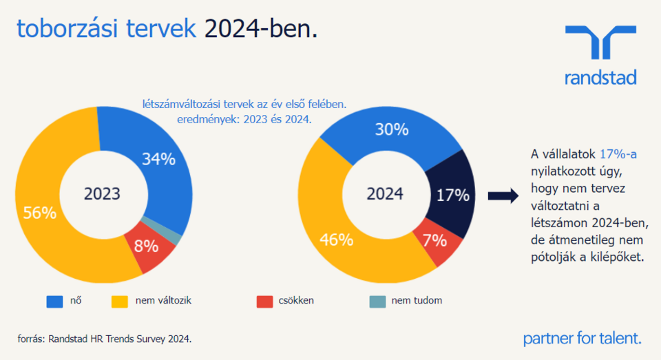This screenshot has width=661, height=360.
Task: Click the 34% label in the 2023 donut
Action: (x=158, y=159)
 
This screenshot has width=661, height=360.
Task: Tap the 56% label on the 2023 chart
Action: (x=39, y=213)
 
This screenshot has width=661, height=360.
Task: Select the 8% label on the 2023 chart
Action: (x=146, y=246)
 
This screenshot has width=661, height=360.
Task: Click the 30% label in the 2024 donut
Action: (x=392, y=129)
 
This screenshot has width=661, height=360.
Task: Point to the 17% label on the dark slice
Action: (x=452, y=195)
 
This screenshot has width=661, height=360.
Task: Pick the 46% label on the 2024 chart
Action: (x=336, y=240)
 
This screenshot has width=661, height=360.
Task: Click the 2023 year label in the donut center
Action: (x=102, y=194)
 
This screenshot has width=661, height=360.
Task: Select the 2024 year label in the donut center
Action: (x=385, y=194)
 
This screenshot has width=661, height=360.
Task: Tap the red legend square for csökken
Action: (x=264, y=301)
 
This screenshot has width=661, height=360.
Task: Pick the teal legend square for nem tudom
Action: (x=377, y=301)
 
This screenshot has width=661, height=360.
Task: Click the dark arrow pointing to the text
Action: (x=503, y=196)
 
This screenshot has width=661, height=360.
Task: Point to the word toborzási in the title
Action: (x=64, y=29)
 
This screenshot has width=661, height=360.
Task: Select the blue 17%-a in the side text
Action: (x=618, y=153)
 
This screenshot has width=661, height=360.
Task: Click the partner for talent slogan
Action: (x=582, y=338)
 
